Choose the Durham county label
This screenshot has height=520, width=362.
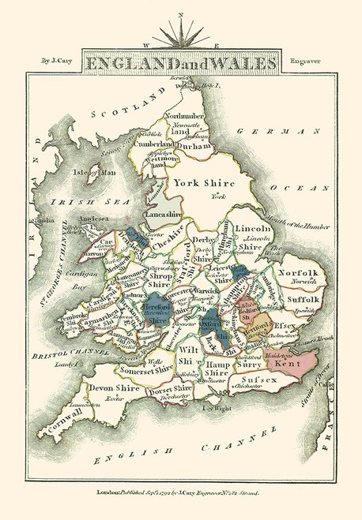click(195, 145)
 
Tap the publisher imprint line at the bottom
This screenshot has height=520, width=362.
click(180, 492)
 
